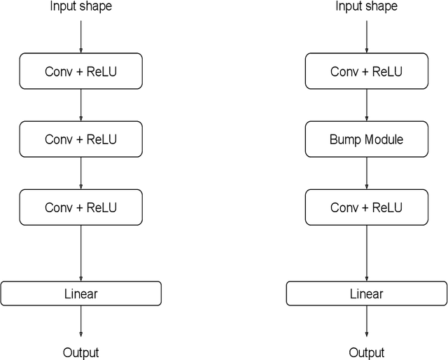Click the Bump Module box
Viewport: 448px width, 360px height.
(x=366, y=139)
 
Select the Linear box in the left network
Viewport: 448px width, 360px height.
(x=81, y=293)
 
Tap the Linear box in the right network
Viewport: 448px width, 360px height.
(x=366, y=293)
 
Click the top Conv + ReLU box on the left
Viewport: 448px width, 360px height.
(x=81, y=71)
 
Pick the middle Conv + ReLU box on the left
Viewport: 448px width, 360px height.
(x=81, y=139)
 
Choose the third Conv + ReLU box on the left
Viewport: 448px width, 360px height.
(x=81, y=207)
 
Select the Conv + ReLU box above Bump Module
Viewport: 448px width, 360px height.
(x=366, y=71)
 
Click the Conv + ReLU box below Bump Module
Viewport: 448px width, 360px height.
(x=366, y=207)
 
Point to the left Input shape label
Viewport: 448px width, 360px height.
(x=81, y=7)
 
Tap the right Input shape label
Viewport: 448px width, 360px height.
(x=366, y=7)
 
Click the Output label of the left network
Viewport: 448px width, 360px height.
(x=81, y=352)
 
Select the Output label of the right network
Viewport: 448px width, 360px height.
(x=366, y=352)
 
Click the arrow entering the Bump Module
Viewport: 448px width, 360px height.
(x=366, y=105)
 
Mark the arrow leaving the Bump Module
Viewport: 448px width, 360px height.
(x=366, y=173)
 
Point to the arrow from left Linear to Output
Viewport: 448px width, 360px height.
(x=81, y=321)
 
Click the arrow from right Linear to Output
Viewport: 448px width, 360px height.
(x=366, y=321)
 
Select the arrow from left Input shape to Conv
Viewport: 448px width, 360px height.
(x=81, y=36)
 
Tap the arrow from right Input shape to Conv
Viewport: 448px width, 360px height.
(x=366, y=36)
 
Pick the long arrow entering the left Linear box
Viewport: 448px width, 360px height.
(x=81, y=252)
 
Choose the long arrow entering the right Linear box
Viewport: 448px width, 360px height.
(x=366, y=252)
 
